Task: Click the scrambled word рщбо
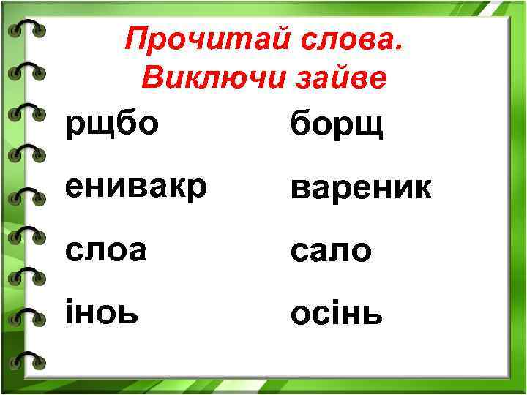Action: (111, 124)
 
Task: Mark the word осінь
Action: (336, 314)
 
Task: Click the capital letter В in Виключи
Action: (149, 78)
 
